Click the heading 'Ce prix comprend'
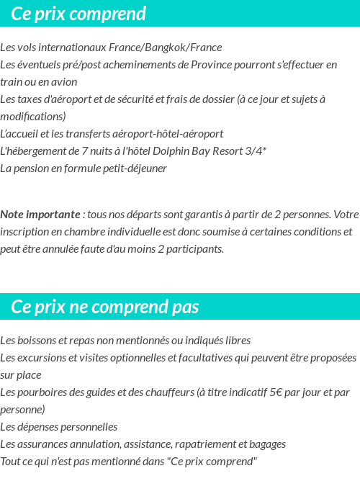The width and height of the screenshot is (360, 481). click(x=78, y=14)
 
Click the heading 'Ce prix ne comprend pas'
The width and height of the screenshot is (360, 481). click(x=105, y=307)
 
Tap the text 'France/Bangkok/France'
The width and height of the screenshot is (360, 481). click(x=165, y=48)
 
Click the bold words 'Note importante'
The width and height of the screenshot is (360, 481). click(x=40, y=215)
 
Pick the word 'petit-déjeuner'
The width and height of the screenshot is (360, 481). click(x=133, y=168)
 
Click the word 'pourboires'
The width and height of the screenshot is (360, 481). click(x=40, y=392)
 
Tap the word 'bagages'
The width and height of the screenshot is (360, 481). click(x=267, y=444)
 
